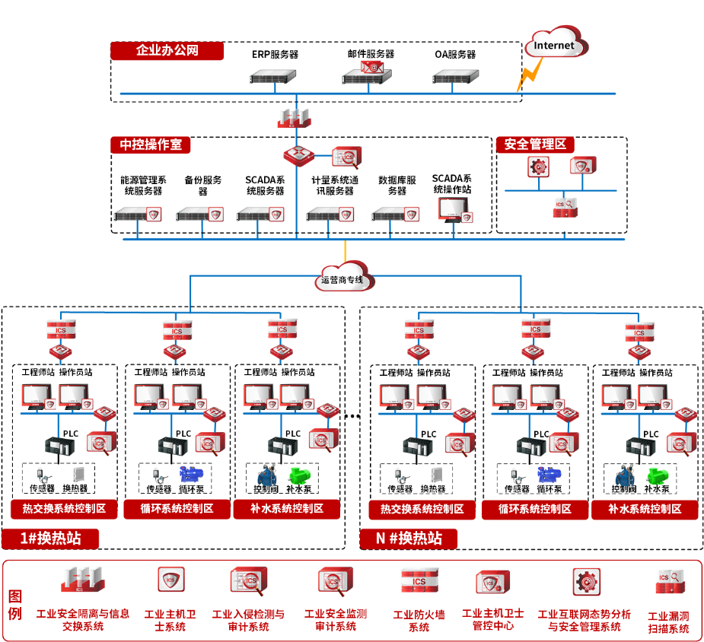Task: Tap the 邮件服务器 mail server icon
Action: coord(368,74)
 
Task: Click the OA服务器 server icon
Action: coord(454,77)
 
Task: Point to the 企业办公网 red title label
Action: coord(167,51)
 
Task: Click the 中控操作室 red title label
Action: coord(151,145)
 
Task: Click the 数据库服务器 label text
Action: coord(397,186)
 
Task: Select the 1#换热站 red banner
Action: coord(52,539)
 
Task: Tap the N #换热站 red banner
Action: coord(409,539)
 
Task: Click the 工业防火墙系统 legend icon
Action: coord(419,580)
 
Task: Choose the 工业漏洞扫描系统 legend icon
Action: coord(671,582)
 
